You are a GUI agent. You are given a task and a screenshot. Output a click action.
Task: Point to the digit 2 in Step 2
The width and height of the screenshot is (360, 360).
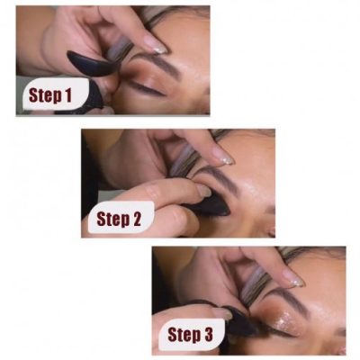click(x=145, y=217)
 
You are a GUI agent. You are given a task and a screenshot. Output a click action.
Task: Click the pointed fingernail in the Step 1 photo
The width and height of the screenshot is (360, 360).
click(x=154, y=44)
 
